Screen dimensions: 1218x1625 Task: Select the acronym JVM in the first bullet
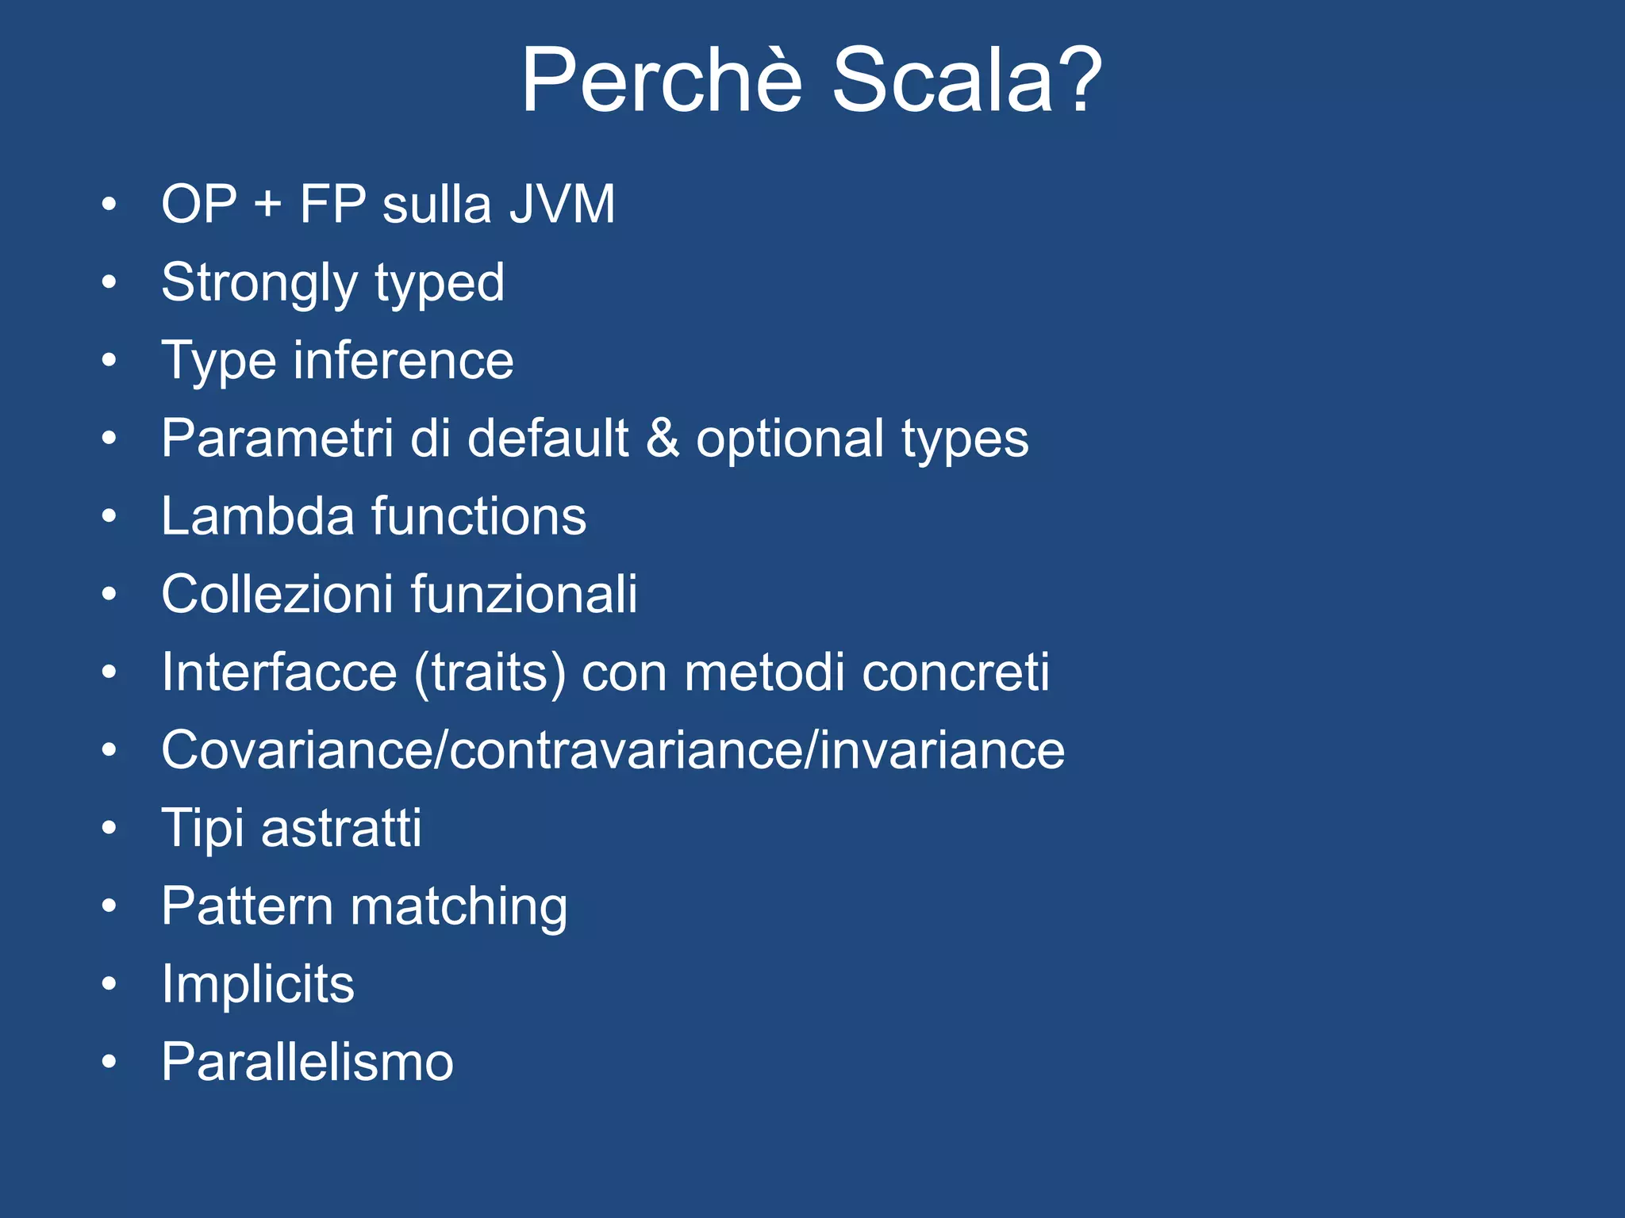(x=562, y=205)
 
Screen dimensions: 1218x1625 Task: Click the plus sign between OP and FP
(x=268, y=205)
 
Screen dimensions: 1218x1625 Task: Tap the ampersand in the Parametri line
(x=663, y=439)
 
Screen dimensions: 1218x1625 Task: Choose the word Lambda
(x=257, y=516)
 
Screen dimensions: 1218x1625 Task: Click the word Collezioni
(x=277, y=594)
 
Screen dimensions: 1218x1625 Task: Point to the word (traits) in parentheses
(x=490, y=673)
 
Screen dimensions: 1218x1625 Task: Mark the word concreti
(x=955, y=672)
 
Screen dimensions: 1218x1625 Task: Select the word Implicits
(x=258, y=985)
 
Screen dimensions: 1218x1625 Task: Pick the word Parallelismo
(x=307, y=1062)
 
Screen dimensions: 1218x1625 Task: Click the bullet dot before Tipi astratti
(x=109, y=829)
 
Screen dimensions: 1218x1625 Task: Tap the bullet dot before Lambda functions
(x=109, y=517)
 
